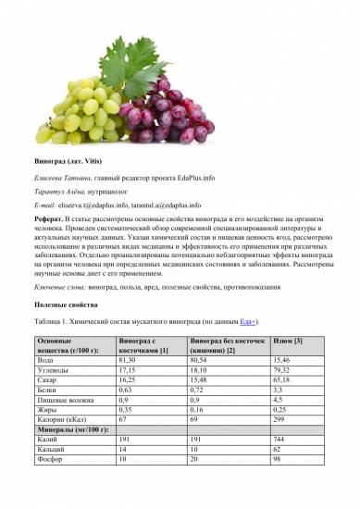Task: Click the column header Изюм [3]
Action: pyautogui.click(x=279, y=341)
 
